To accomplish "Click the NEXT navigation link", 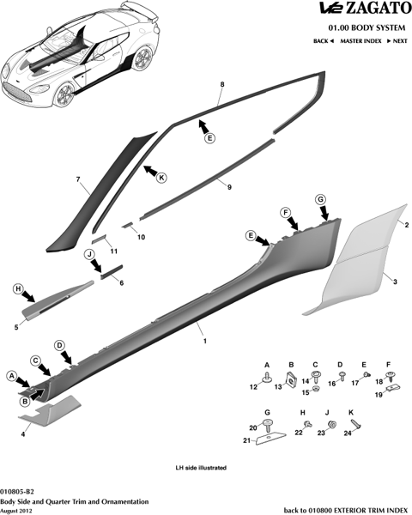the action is (x=397, y=41).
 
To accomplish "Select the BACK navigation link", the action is (x=324, y=41).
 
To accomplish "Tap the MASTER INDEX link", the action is (x=360, y=41).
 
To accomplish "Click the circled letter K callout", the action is (x=161, y=178).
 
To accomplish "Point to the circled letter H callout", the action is (x=18, y=289).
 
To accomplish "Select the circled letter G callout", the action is (x=320, y=199).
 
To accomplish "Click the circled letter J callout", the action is (x=89, y=254).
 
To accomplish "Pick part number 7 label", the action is (x=78, y=179).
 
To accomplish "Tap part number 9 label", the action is (x=229, y=187).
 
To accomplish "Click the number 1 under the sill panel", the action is (x=205, y=342).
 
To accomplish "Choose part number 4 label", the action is (x=23, y=434).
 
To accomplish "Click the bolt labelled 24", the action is (x=357, y=426).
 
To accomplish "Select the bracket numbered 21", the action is (x=270, y=439).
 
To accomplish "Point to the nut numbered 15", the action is (x=316, y=390).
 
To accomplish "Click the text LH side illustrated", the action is (x=201, y=468).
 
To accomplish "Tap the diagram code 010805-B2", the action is (x=17, y=492).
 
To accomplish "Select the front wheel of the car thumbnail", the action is (x=64, y=94).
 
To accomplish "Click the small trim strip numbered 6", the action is (x=112, y=271).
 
